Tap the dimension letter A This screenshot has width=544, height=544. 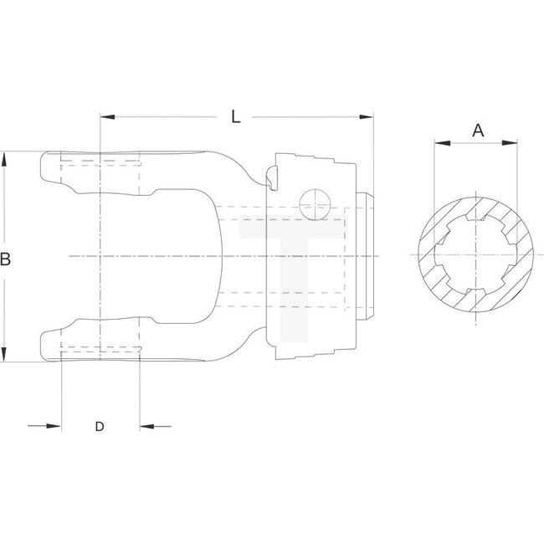point(478,130)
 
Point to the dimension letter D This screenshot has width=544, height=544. point(99,427)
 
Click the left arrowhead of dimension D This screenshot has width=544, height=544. point(56,427)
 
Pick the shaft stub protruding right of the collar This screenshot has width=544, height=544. point(367,255)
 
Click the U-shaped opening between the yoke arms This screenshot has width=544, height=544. point(167,255)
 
